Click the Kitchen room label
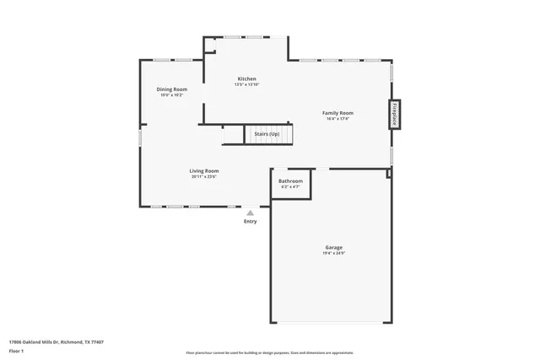click(246, 79)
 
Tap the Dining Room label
click(172, 89)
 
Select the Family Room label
click(338, 113)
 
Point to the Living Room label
click(204, 171)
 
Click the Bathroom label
click(291, 181)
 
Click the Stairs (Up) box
click(267, 134)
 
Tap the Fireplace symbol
click(394, 115)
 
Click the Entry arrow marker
click(251, 213)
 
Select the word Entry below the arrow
click(251, 222)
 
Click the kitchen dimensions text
click(246, 85)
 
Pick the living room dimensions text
click(204, 177)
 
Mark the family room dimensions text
click(338, 119)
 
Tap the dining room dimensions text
click(172, 95)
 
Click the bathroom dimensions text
click(291, 187)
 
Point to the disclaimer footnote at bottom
click(270, 352)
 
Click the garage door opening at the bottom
click(332, 324)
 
